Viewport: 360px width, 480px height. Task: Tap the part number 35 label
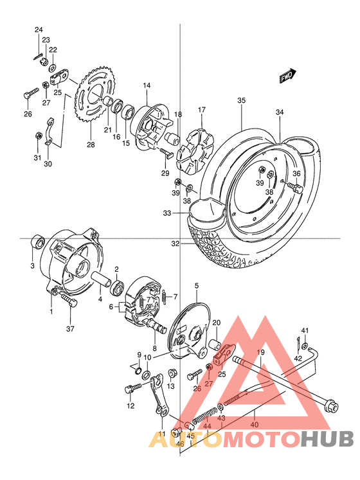(241, 101)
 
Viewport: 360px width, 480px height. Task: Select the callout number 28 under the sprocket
(91, 145)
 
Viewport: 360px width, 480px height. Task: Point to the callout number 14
(147, 85)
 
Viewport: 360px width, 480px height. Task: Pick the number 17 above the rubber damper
(201, 110)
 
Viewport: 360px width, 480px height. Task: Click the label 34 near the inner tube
(280, 113)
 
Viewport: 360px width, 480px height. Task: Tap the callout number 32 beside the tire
(175, 244)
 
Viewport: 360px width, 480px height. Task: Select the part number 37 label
(70, 329)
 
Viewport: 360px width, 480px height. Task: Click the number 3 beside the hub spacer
(33, 265)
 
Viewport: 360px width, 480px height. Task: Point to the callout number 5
(197, 286)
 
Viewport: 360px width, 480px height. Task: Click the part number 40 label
(255, 424)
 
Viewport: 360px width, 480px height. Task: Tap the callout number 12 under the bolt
(130, 406)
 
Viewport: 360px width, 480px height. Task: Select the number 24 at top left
(39, 30)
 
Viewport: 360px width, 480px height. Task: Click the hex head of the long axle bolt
(332, 406)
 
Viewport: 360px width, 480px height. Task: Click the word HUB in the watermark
(328, 440)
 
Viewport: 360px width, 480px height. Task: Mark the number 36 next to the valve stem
(296, 173)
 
